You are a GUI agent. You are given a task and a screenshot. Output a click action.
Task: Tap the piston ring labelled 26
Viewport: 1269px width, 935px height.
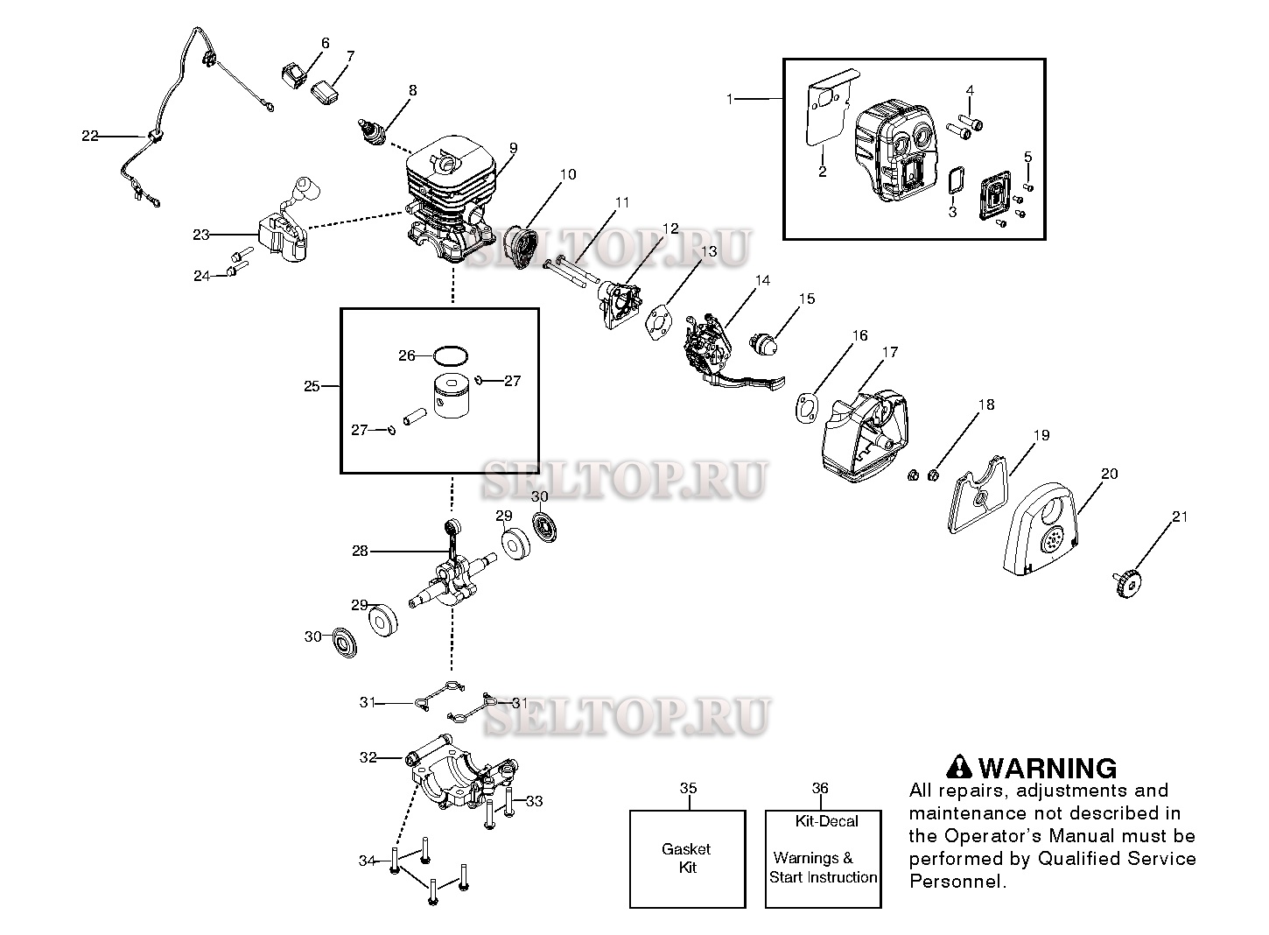[x=451, y=355]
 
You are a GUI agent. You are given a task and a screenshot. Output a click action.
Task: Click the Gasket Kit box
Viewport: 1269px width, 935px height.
[x=688, y=859]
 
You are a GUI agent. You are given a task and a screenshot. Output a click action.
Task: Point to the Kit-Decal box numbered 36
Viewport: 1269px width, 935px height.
[x=823, y=859]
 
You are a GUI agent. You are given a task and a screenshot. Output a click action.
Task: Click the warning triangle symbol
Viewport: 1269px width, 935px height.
[x=960, y=767]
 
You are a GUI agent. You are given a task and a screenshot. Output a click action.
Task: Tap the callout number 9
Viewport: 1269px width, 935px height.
[x=513, y=147]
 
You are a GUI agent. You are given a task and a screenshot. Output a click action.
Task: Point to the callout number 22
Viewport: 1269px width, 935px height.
[x=90, y=136]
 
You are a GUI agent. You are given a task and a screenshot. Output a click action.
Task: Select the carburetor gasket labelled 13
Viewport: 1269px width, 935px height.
[x=658, y=320]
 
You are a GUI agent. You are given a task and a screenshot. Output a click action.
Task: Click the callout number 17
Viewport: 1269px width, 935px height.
[x=889, y=353]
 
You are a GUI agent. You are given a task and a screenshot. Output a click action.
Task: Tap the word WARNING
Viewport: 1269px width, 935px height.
[x=1047, y=768]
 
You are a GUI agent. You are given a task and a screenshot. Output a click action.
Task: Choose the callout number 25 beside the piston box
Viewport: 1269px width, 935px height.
[x=312, y=386]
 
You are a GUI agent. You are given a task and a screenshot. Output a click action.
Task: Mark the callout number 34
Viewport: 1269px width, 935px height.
[x=368, y=861]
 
